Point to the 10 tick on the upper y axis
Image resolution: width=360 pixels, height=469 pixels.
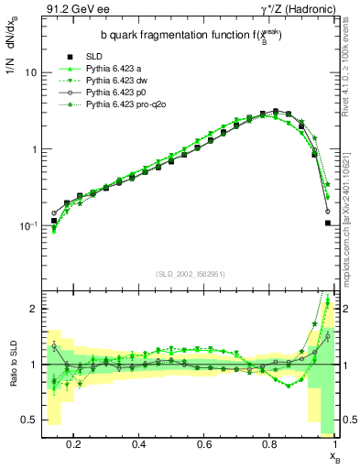[30, 72]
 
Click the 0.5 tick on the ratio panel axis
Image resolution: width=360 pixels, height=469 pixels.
[30, 420]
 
